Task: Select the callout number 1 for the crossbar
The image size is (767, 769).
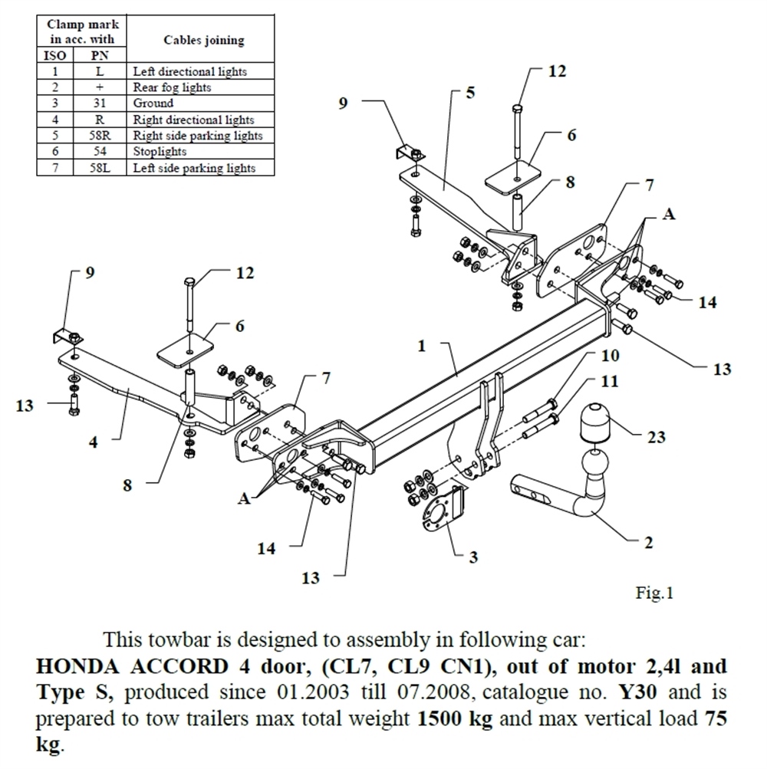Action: click(421, 347)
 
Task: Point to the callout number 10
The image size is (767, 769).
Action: click(610, 356)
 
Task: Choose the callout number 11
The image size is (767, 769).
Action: click(610, 381)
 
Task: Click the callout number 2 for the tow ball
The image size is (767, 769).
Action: click(648, 543)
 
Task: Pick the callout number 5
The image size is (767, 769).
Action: click(470, 93)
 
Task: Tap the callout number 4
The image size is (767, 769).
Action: click(93, 442)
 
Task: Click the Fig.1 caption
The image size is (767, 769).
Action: click(653, 593)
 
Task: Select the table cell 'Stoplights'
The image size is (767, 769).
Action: click(159, 152)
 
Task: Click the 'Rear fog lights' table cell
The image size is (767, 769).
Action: click(172, 87)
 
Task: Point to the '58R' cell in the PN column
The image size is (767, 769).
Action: click(99, 136)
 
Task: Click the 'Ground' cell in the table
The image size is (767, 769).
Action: click(153, 104)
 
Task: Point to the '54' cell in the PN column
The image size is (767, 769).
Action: click(99, 152)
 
